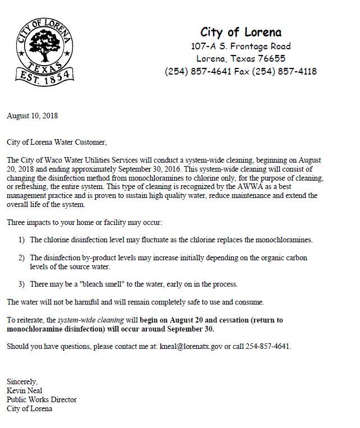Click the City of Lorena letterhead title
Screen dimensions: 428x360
[x=241, y=32]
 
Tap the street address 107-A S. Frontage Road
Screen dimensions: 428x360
[x=241, y=46]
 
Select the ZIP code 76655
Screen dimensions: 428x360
[x=271, y=59]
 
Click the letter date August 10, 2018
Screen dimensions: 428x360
[x=32, y=116]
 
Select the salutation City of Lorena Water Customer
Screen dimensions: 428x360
[x=56, y=143]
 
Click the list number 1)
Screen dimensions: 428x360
[x=21, y=240]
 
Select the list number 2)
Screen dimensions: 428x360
[x=21, y=257]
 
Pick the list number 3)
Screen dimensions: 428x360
[x=21, y=284]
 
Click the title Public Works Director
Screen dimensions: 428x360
[x=41, y=400]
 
